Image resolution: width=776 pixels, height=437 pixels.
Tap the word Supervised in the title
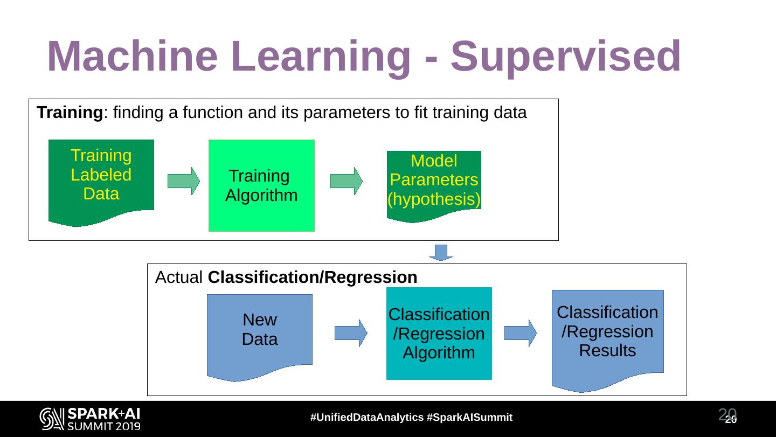click(566, 57)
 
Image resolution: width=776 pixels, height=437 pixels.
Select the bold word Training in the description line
click(70, 113)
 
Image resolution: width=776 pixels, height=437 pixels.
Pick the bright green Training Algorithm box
click(261, 186)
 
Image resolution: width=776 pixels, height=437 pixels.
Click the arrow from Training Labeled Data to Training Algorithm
click(184, 181)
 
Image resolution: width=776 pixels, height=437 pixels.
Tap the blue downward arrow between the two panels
click(441, 252)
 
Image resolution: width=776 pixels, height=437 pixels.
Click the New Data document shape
click(260, 334)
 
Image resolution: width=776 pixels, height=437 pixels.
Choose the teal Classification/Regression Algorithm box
click(439, 334)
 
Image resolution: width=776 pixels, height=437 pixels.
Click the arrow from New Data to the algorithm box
click(351, 333)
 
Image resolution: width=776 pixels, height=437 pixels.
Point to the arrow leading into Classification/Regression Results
click(521, 333)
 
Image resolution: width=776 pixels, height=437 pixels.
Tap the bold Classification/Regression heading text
click(313, 278)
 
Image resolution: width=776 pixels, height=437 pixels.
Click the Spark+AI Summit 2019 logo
click(90, 419)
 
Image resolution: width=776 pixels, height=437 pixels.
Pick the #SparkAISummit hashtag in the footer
click(469, 418)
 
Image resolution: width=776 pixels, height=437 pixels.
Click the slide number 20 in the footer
click(729, 417)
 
